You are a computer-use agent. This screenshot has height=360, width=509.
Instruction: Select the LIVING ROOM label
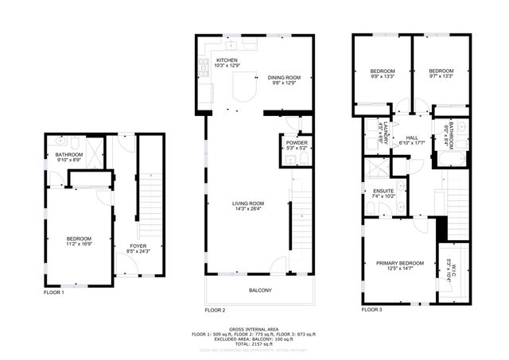248,203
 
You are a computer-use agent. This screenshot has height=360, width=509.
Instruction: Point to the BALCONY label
260,290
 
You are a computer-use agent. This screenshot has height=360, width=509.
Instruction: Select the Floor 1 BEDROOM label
79,238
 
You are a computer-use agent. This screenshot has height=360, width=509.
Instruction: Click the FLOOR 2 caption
215,309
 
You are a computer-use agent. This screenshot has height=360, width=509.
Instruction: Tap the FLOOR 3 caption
372,309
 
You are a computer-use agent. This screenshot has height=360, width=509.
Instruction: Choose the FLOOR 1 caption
53,293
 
